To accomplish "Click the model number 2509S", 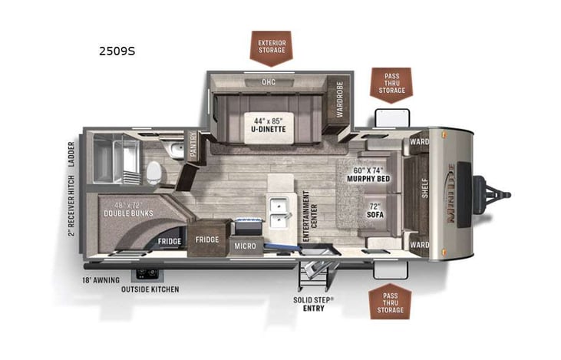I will tap(117, 52).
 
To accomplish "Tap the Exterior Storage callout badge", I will tap(271, 45).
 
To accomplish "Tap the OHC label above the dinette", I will tap(268, 82).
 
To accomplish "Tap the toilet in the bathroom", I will tap(154, 170).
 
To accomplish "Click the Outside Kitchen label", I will tap(150, 289).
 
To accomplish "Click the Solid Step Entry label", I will tap(309, 303).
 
